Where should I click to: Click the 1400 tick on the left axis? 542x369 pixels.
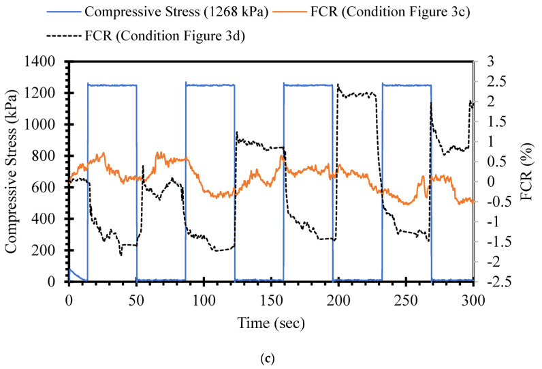click(x=46, y=61)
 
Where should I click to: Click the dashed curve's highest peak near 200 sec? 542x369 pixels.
click(x=338, y=85)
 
